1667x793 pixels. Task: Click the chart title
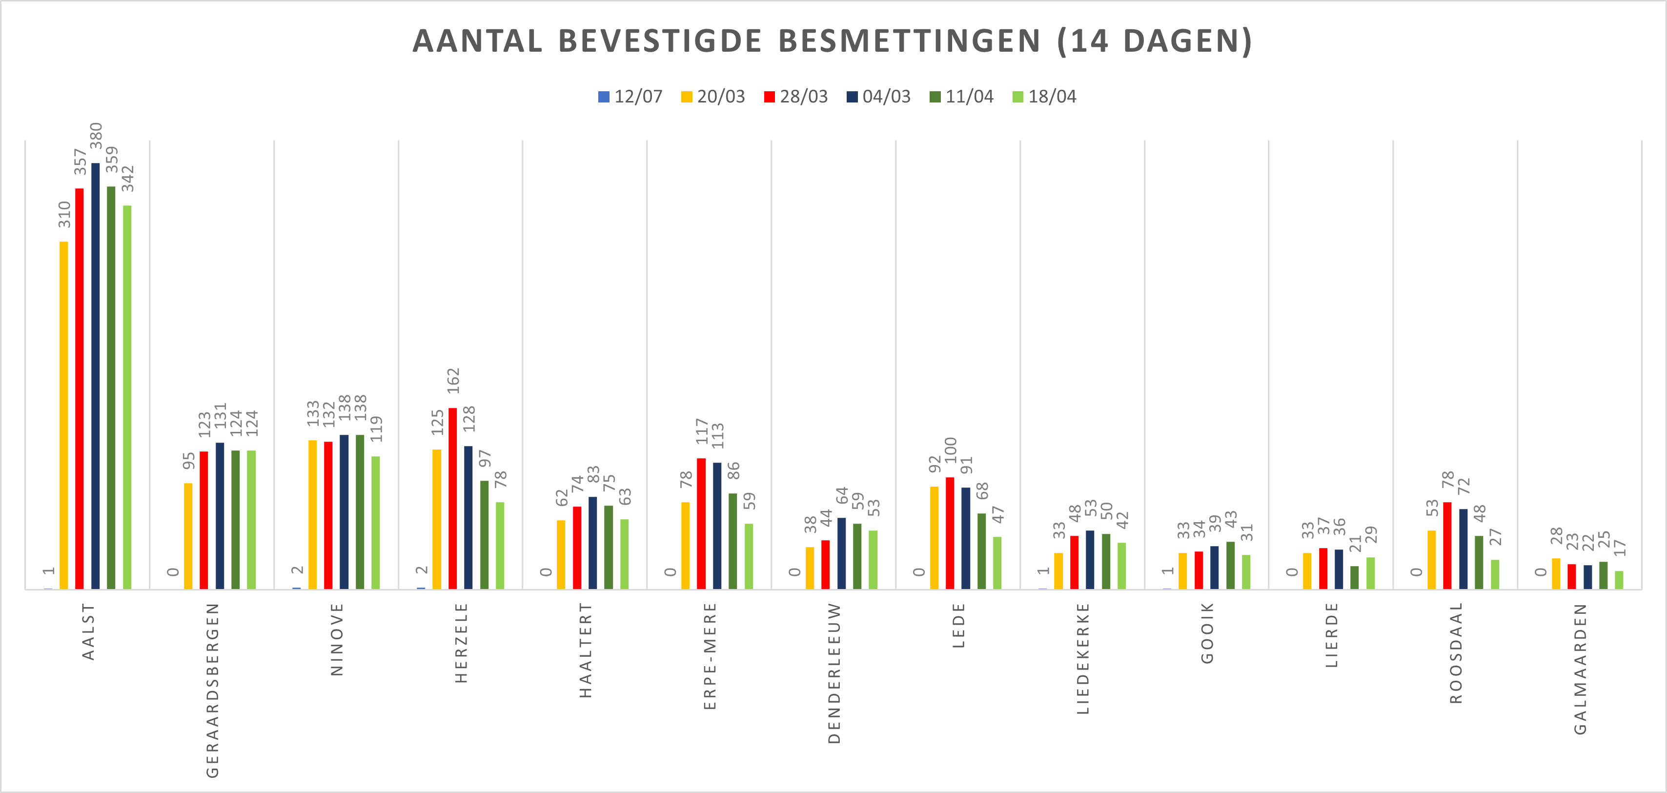(x=832, y=41)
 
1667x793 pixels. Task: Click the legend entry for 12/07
(x=630, y=97)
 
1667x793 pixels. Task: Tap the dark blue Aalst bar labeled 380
(x=95, y=375)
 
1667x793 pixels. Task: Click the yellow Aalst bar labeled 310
(x=63, y=415)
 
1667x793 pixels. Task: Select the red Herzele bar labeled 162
(x=452, y=498)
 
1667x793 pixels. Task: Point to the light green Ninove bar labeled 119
(x=375, y=523)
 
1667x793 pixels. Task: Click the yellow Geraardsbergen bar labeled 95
(x=188, y=536)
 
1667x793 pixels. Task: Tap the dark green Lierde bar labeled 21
(x=1355, y=577)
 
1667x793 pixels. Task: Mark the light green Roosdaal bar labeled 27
(x=1495, y=574)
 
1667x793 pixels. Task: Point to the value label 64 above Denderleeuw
(x=842, y=496)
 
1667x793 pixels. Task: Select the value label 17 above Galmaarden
(x=1620, y=548)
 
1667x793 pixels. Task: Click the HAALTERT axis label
(x=585, y=650)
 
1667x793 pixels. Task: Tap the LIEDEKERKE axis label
(x=1083, y=658)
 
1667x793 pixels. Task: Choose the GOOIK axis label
(x=1207, y=633)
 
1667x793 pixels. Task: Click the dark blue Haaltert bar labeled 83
(x=593, y=543)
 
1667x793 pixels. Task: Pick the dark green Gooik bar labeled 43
(x=1230, y=565)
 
